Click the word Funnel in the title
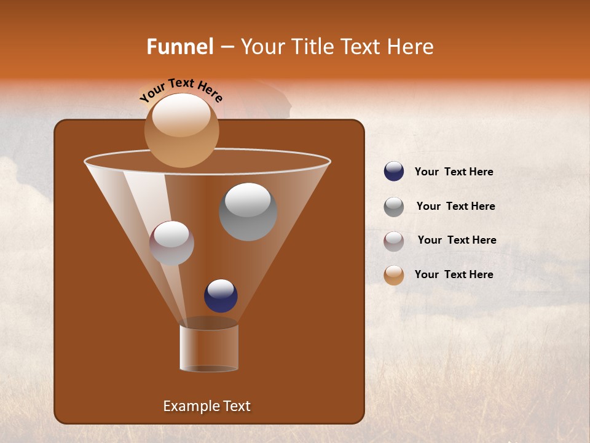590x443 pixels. (179, 47)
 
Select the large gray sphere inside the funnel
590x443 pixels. (248, 212)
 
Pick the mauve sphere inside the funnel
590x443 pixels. (171, 243)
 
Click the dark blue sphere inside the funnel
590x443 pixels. (221, 296)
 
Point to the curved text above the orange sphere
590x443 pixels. (181, 90)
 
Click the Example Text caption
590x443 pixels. (206, 406)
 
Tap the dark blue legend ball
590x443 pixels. (394, 172)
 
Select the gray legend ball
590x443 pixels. (394, 207)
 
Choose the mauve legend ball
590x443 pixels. (394, 241)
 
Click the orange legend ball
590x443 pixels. (394, 275)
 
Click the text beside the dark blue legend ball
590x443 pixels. (454, 172)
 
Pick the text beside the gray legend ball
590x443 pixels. (455, 207)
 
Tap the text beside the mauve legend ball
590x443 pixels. (457, 241)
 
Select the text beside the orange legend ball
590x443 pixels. (454, 274)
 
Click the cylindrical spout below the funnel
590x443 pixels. (209, 348)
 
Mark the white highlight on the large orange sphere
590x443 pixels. (181, 115)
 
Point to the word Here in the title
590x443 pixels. (411, 47)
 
